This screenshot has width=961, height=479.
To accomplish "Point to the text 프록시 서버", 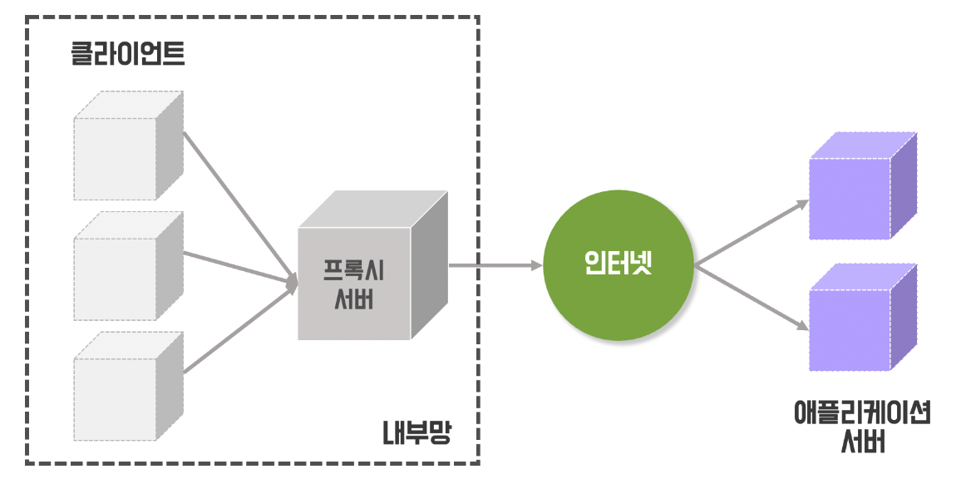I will [354, 284].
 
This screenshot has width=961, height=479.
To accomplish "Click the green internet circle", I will [618, 265].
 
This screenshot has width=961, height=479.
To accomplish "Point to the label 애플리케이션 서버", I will [861, 426].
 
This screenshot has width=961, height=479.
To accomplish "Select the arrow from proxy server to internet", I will [495, 266].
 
